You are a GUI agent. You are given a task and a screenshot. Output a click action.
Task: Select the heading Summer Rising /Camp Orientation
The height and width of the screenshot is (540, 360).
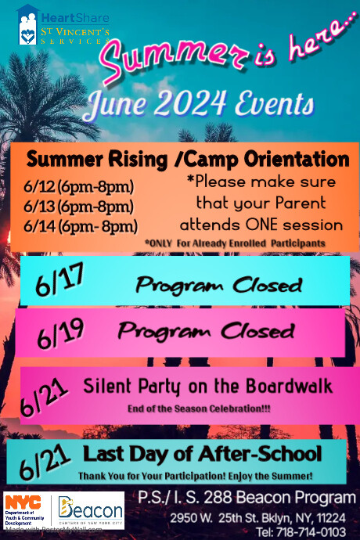[x=187, y=160]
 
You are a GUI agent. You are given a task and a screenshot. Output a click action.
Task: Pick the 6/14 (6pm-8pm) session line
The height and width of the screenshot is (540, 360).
[x=81, y=226]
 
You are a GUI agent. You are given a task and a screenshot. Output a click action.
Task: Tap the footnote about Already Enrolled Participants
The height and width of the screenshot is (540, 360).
[x=235, y=244]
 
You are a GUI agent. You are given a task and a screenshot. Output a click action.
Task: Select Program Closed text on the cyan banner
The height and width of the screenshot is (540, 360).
[x=218, y=283]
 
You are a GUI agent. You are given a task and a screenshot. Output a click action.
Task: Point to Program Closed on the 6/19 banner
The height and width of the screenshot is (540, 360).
[x=207, y=331]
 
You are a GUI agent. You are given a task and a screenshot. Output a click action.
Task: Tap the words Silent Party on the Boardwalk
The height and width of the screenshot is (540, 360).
[x=207, y=386]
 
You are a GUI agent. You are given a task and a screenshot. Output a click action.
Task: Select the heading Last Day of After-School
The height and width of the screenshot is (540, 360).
[x=202, y=453]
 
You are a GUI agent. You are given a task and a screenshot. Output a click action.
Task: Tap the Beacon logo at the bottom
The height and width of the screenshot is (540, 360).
[x=90, y=511]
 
